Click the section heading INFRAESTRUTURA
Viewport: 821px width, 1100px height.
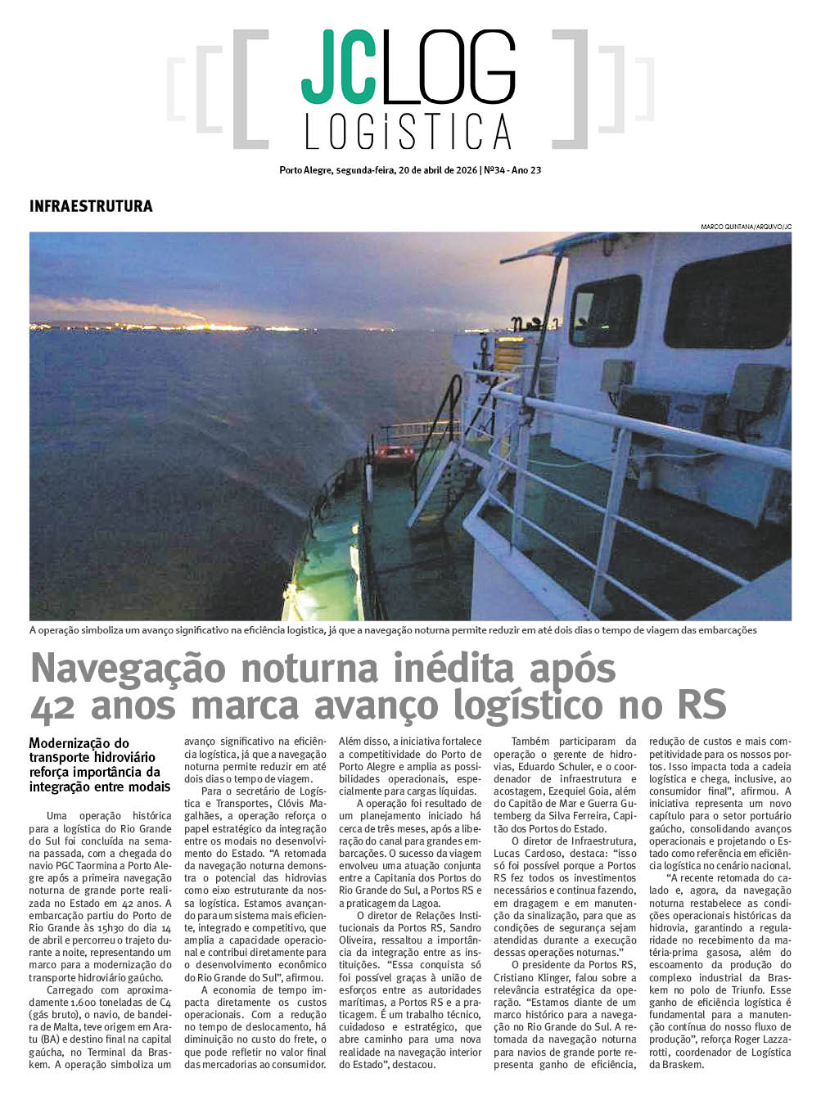(91, 206)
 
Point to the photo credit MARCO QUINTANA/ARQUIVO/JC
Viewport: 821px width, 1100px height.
(746, 227)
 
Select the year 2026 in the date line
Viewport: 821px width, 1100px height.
(464, 171)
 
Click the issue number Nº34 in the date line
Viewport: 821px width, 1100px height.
(494, 171)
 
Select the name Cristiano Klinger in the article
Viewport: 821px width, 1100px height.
(534, 977)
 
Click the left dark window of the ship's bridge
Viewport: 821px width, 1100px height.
(604, 311)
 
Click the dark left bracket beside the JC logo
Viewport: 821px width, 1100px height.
(250, 89)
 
